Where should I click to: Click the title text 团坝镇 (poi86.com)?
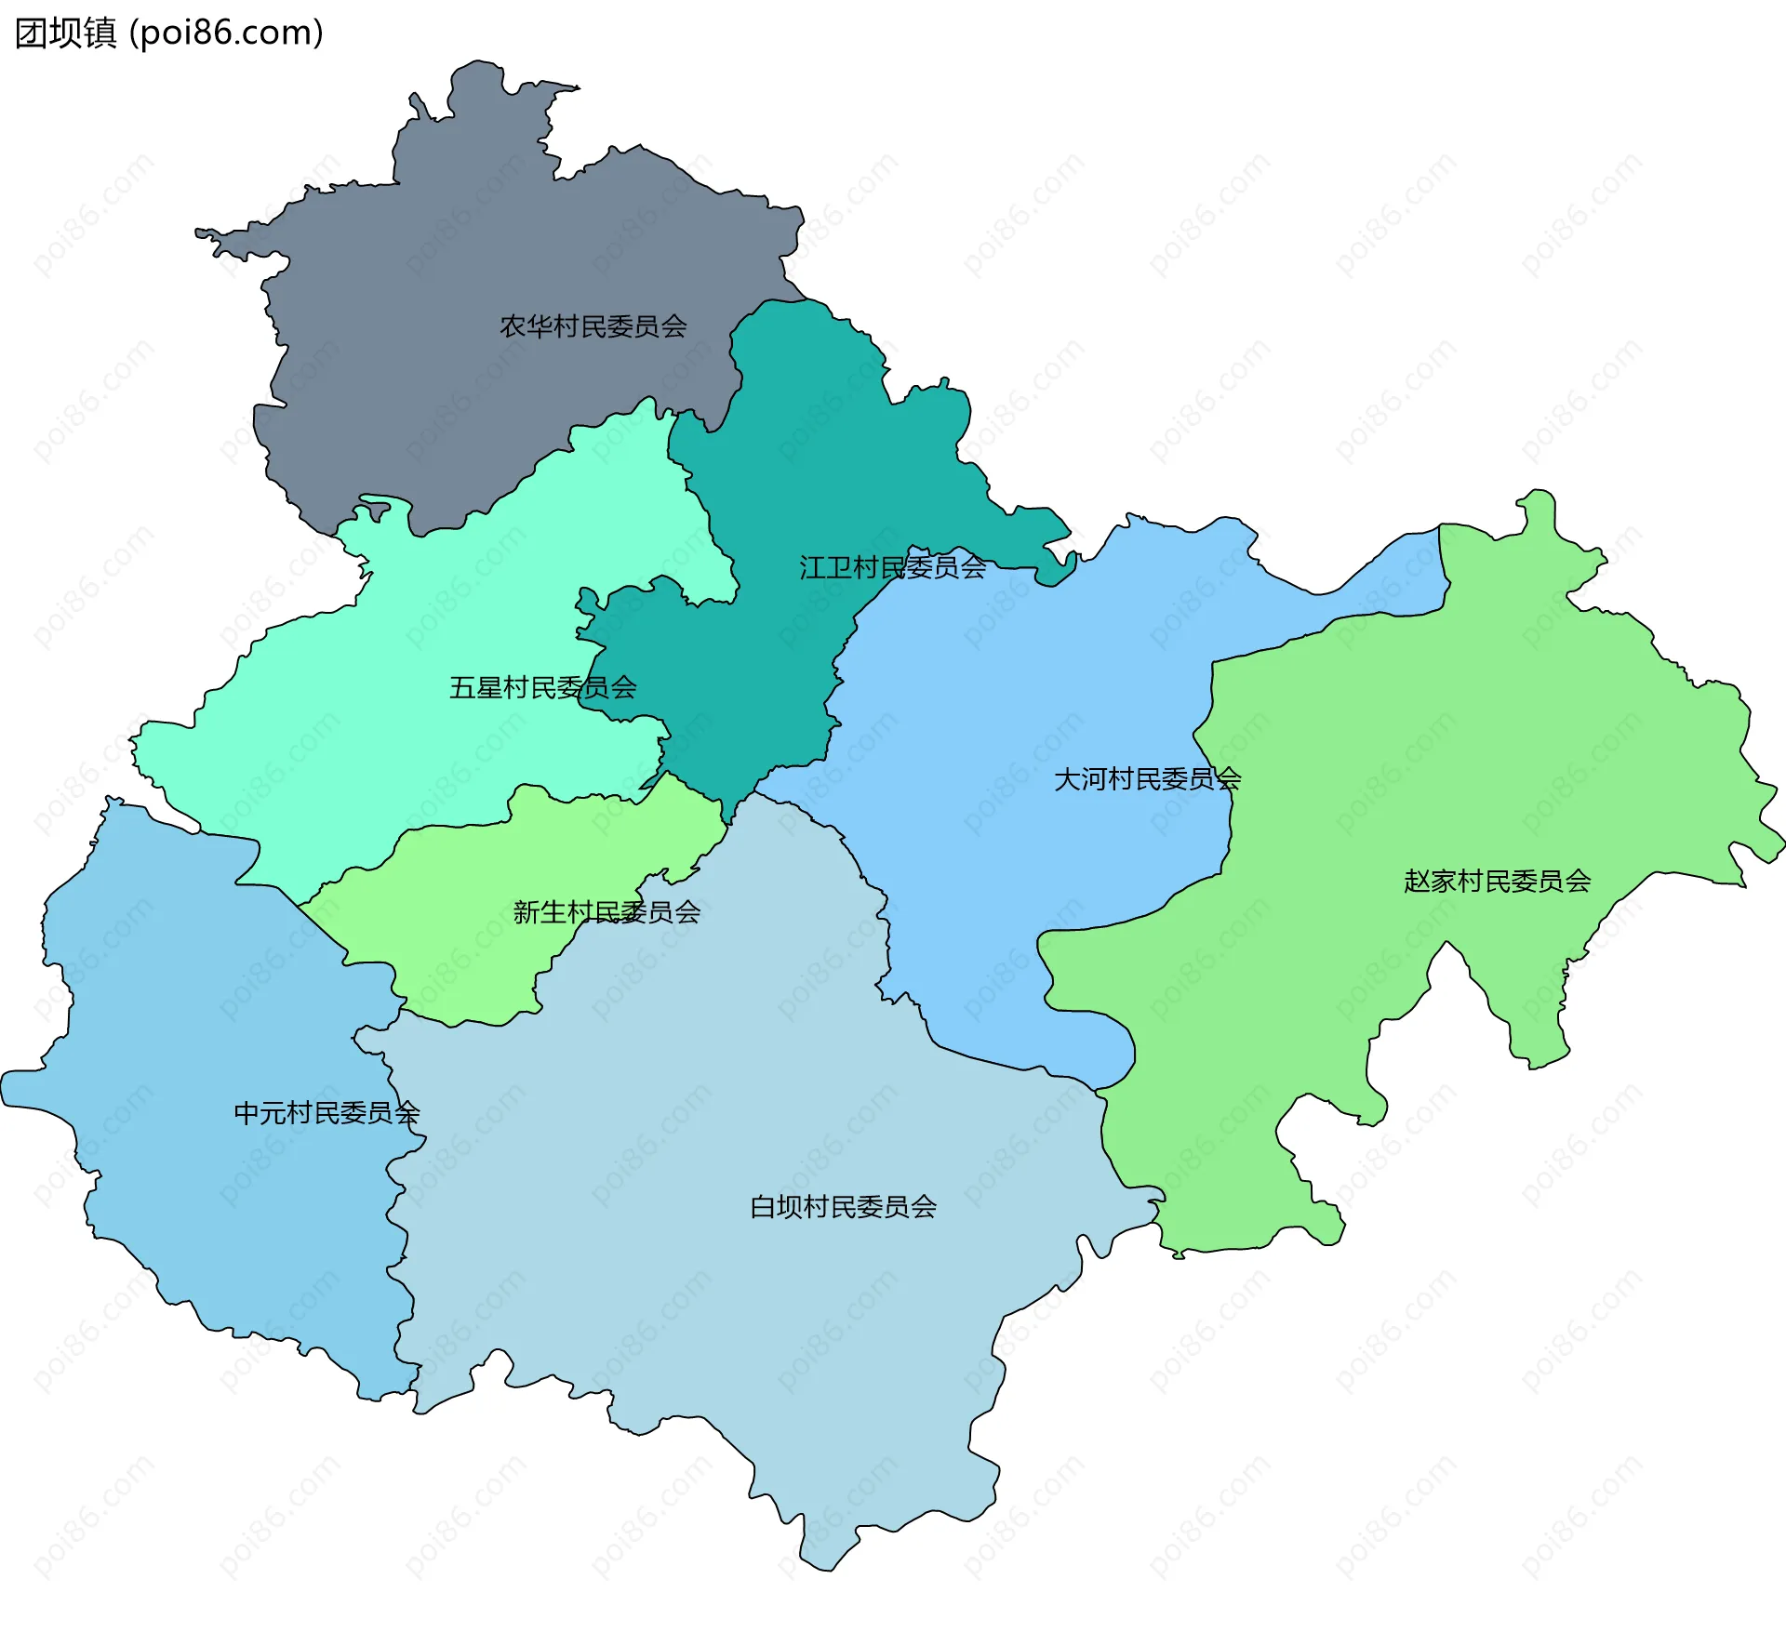pos(169,33)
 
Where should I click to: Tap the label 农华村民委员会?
pos(593,326)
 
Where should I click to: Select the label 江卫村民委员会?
pos(892,567)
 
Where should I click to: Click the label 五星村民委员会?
pos(542,687)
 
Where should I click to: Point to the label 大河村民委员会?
pos(1147,779)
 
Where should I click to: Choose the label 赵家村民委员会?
pos(1497,881)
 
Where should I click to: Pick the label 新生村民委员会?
pos(606,912)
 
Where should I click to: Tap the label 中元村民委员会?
pos(327,1113)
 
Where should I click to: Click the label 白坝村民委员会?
pos(843,1207)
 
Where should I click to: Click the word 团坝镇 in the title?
pos(65,33)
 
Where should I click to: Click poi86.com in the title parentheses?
pos(226,33)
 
